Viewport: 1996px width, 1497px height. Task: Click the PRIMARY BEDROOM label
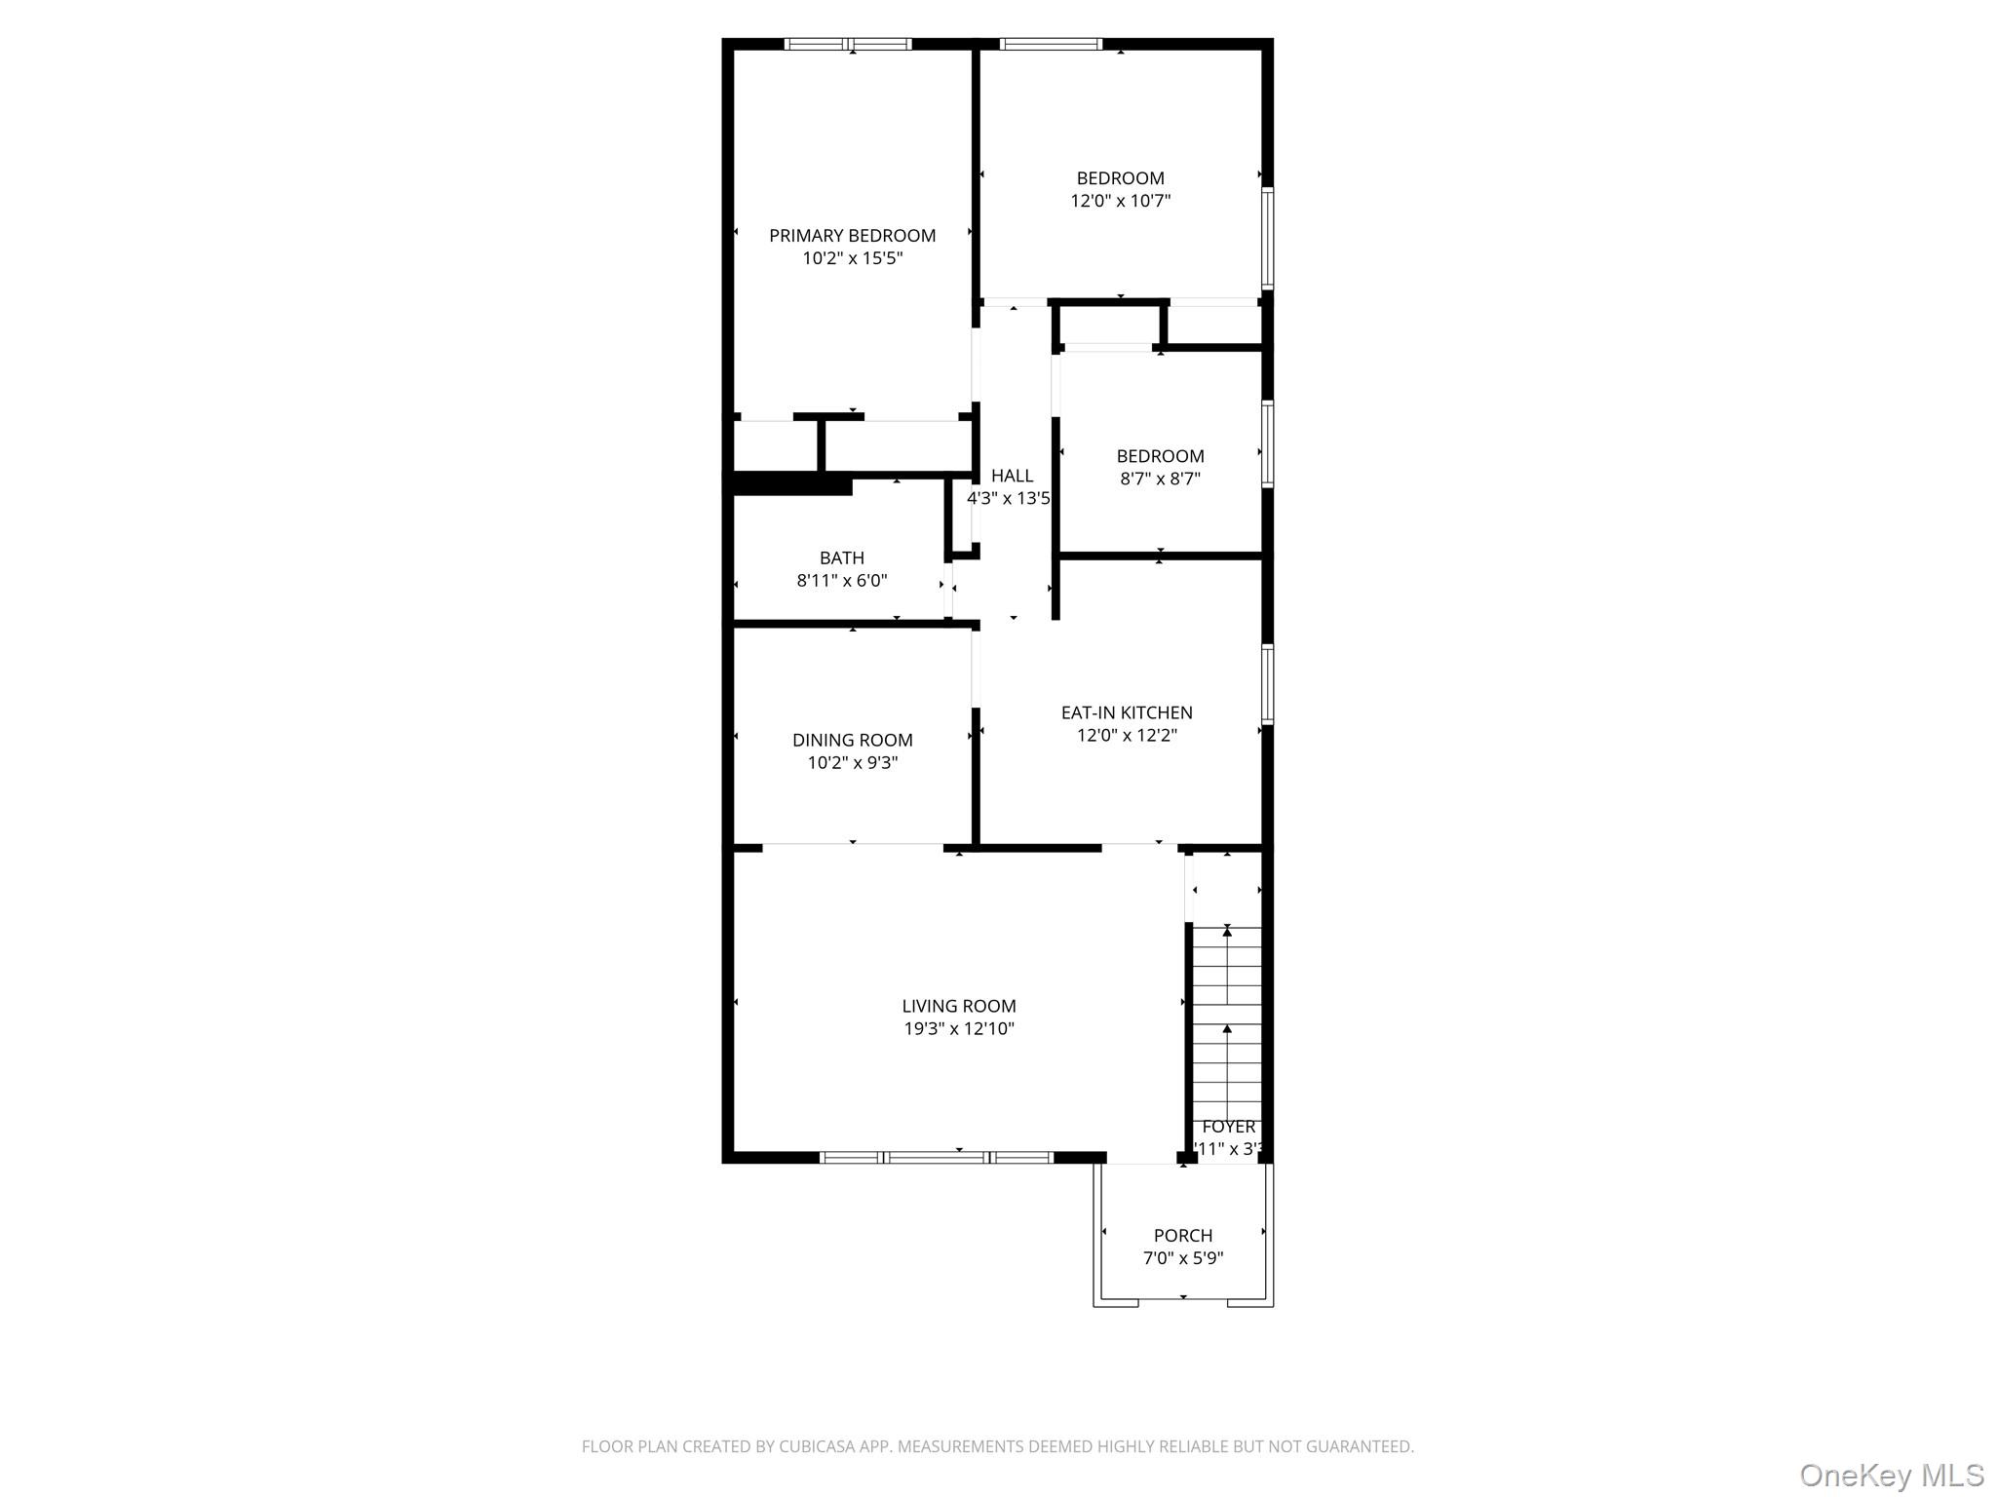coord(852,236)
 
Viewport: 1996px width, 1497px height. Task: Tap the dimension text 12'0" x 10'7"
coord(1120,202)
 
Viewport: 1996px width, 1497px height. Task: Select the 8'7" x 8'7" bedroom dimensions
coord(1159,480)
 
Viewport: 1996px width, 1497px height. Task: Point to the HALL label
coord(1012,476)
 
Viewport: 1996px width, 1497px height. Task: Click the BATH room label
coord(841,558)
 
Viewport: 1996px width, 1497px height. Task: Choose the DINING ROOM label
coord(852,741)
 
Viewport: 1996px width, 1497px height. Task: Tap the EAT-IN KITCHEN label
coord(1127,713)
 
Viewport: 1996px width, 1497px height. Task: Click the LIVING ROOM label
coord(958,1007)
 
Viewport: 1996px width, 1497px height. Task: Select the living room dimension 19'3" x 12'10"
coord(958,1029)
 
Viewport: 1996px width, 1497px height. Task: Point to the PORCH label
coord(1183,1236)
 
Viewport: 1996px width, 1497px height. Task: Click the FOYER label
coord(1228,1127)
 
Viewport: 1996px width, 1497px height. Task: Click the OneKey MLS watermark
coord(1891,1475)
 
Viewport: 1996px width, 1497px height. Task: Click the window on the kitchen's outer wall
coord(1268,682)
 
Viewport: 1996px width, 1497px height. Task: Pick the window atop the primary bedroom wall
coord(848,44)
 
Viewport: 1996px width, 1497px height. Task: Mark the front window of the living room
coord(936,1158)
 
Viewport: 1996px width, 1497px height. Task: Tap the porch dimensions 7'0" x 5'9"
coord(1183,1258)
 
